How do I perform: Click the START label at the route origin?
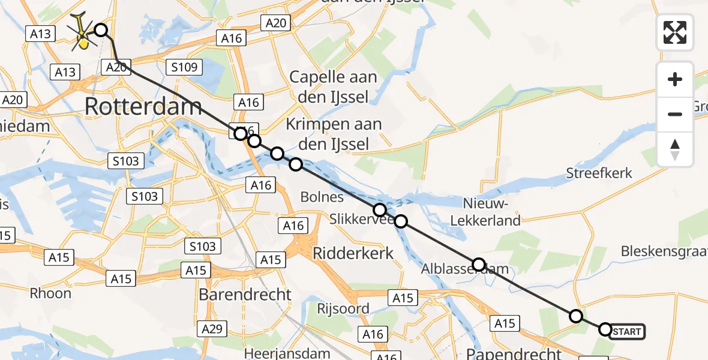[628, 331]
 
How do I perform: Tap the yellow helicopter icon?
[83, 34]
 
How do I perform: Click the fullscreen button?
[675, 32]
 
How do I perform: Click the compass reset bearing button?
[675, 149]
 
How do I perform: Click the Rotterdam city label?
[143, 107]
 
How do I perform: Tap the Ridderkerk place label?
[353, 253]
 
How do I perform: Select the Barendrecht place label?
[245, 295]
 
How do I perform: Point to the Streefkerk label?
[599, 173]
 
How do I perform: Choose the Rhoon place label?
[51, 293]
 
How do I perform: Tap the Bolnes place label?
[322, 197]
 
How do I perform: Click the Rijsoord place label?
[343, 309]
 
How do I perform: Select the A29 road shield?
[212, 328]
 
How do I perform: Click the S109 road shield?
[184, 67]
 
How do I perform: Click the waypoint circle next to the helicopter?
[101, 30]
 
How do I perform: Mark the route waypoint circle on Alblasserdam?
[478, 265]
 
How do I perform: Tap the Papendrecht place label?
[514, 353]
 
